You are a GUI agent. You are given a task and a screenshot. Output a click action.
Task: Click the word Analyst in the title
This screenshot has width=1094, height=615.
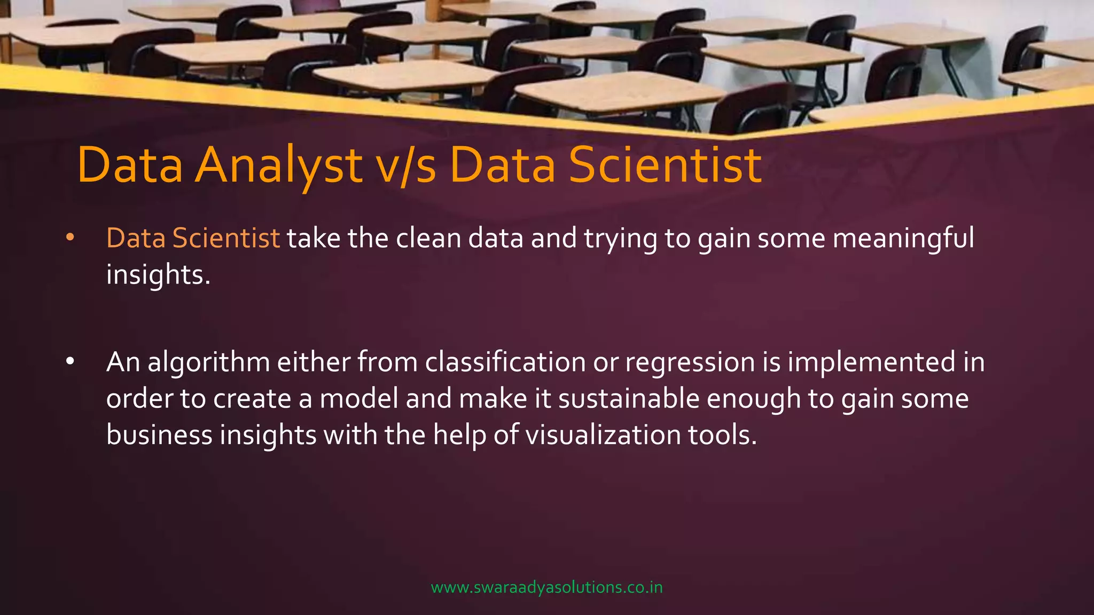click(278, 165)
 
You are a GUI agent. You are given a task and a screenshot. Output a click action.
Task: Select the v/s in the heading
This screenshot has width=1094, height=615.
click(406, 165)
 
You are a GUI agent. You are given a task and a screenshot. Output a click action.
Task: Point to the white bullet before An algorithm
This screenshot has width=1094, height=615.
click(70, 362)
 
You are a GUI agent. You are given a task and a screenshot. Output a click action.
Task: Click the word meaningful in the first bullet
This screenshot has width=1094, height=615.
click(903, 238)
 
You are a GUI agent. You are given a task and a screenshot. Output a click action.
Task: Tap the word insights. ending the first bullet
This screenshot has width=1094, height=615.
click(158, 274)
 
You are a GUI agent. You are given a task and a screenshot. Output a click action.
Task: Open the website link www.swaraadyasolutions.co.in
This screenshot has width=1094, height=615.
click(546, 587)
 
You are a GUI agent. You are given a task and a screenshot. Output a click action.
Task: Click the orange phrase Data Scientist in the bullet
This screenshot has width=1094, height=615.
click(193, 238)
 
